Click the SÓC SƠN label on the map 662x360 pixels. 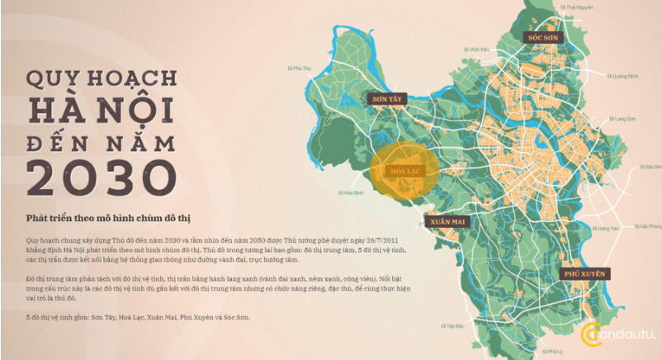click(x=546, y=37)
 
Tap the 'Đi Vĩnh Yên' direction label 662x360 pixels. click(x=473, y=50)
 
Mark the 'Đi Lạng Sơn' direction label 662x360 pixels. click(x=623, y=118)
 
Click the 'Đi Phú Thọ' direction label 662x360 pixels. click(x=298, y=69)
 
